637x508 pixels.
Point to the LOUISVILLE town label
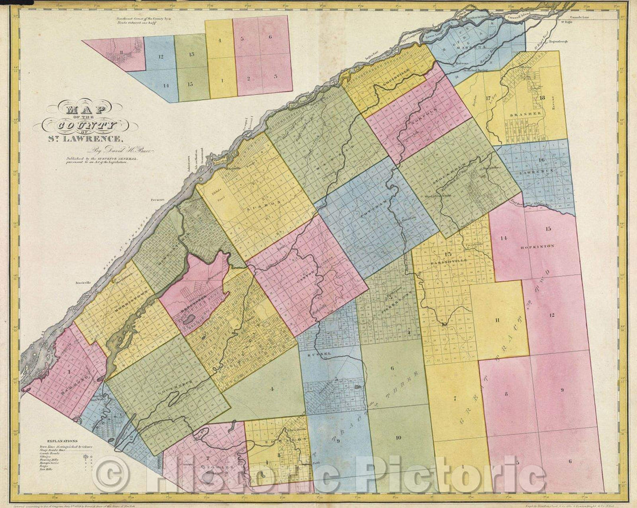coord(391,83)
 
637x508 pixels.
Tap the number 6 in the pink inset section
coord(270,37)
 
